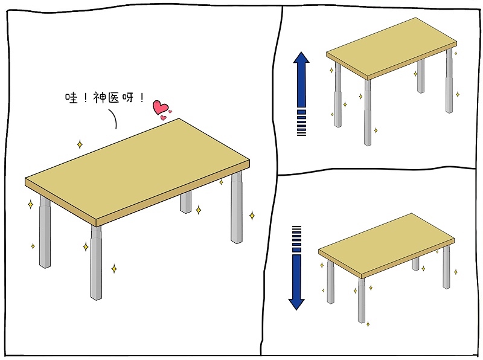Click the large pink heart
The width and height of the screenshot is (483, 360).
pyautogui.click(x=160, y=107)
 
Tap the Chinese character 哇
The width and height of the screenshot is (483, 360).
pyautogui.click(x=71, y=98)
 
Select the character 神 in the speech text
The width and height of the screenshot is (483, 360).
pyautogui.click(x=100, y=97)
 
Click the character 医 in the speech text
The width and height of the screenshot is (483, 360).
pyautogui.click(x=113, y=98)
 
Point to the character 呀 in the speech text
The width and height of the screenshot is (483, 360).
pyautogui.click(x=128, y=98)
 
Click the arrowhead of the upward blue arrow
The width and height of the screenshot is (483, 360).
pyautogui.click(x=301, y=57)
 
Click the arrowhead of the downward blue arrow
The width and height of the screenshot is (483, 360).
pyautogui.click(x=296, y=304)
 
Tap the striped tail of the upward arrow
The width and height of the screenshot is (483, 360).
pyautogui.click(x=301, y=123)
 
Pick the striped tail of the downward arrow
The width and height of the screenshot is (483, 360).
pyautogui.click(x=296, y=239)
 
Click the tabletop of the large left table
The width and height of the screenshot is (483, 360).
pyautogui.click(x=137, y=169)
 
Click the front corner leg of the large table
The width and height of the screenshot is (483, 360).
pyautogui.click(x=96, y=263)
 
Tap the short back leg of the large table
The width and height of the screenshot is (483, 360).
pyautogui.click(x=185, y=202)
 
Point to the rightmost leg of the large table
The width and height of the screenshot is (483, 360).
pyautogui.click(x=237, y=208)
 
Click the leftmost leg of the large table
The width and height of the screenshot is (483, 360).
pyautogui.click(x=45, y=232)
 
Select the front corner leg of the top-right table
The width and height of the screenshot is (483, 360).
pyautogui.click(x=368, y=112)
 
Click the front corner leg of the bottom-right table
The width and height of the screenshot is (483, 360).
pyautogui.click(x=361, y=301)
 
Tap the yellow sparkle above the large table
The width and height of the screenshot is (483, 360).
pyautogui.click(x=80, y=144)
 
